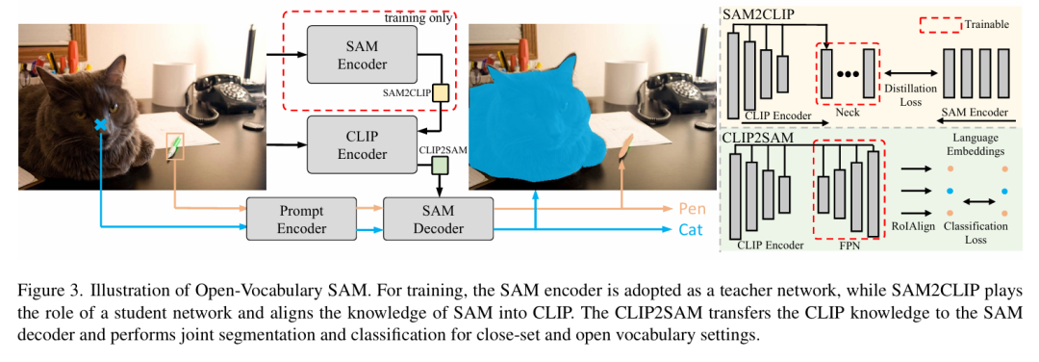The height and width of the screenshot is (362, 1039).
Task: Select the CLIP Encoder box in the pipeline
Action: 362,144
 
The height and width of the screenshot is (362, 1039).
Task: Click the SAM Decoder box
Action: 438,219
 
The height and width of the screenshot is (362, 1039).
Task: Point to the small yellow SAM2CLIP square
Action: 442,92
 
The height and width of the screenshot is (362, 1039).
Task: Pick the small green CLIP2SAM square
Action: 442,167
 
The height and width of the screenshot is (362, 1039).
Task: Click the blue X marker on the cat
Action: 101,125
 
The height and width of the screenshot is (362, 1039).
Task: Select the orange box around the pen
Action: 175,146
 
